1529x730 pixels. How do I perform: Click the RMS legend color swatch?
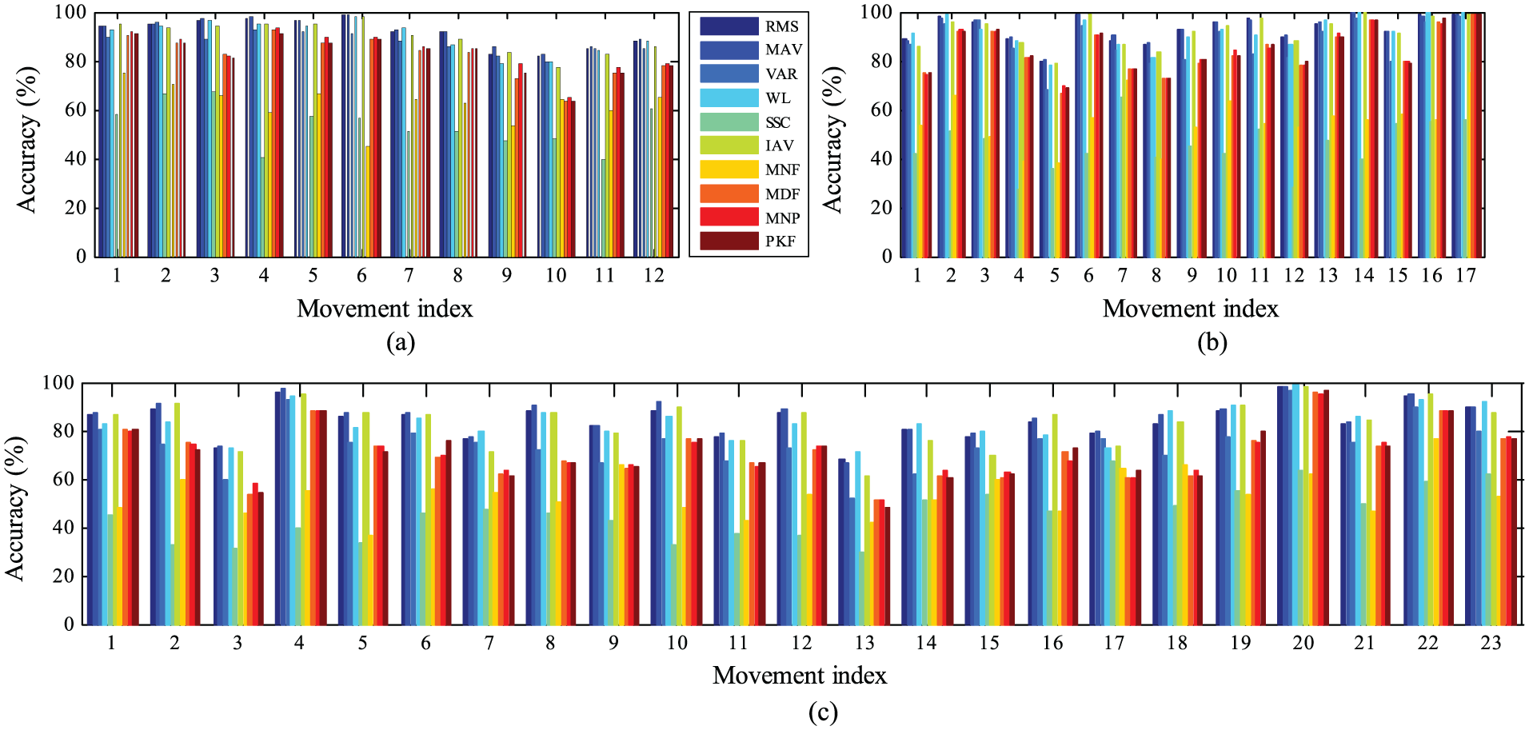[729, 26]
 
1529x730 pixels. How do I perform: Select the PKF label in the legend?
[780, 241]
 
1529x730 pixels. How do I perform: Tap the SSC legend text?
[778, 122]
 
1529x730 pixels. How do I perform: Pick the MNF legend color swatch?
[729, 169]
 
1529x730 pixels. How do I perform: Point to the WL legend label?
[777, 98]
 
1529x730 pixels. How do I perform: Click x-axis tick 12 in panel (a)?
[653, 275]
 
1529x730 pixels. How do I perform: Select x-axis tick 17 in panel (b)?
[1465, 275]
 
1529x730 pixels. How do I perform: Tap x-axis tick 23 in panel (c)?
[1491, 643]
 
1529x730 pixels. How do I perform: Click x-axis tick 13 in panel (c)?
[864, 643]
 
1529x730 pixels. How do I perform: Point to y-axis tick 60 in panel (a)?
[75, 110]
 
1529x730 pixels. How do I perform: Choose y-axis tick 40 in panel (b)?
[881, 158]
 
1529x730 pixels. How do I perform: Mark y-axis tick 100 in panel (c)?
[58, 383]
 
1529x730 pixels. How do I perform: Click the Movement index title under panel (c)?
[800, 676]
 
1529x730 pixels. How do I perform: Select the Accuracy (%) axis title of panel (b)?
[832, 140]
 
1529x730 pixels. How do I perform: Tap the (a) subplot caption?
[401, 342]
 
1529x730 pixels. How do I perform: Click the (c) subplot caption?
[823, 712]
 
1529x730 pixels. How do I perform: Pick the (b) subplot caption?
[1212, 342]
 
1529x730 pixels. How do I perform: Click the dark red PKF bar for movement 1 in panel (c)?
[135, 527]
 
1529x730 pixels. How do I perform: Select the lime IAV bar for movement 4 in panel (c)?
[303, 509]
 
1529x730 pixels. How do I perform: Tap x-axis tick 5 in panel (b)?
[1054, 275]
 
